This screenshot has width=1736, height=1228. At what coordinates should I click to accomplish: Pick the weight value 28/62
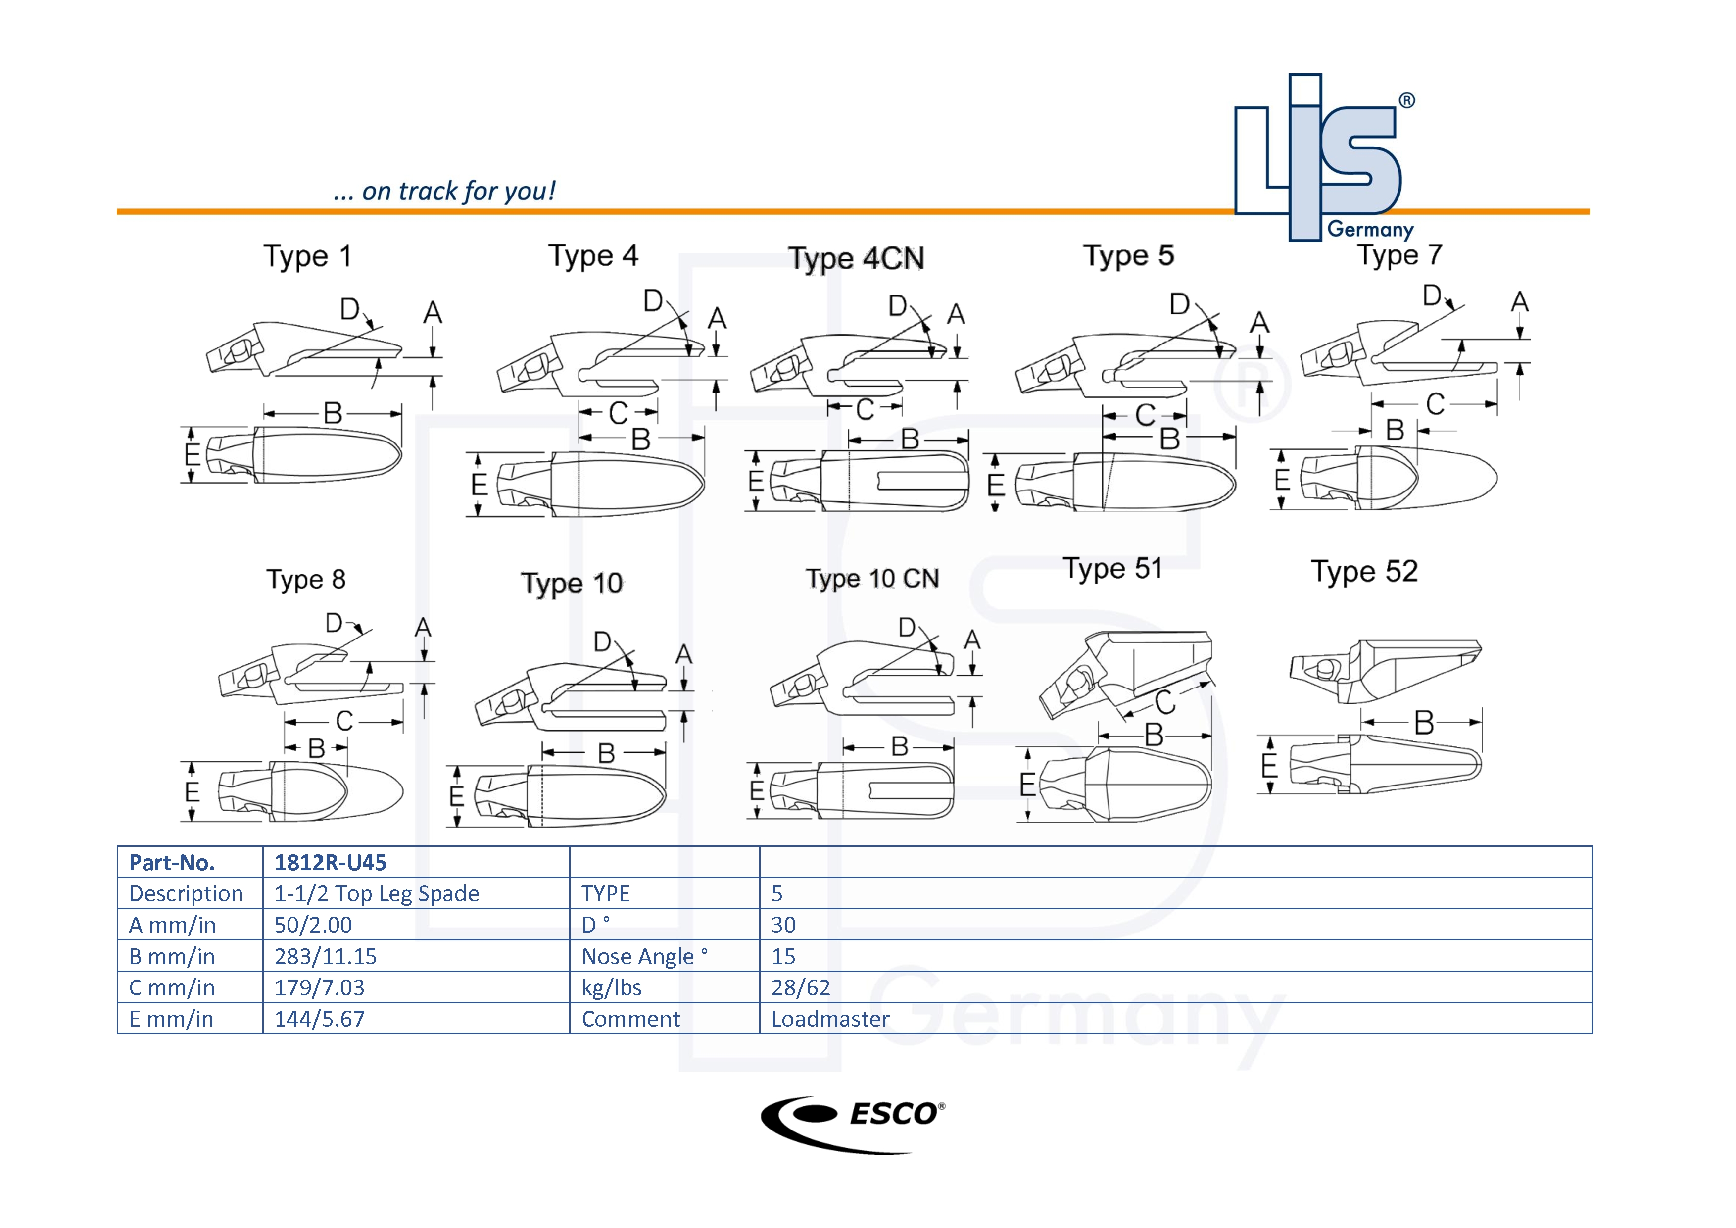[x=800, y=987]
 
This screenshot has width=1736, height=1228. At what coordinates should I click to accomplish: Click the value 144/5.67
[x=319, y=1019]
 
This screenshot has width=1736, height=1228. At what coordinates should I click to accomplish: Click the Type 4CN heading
[x=856, y=258]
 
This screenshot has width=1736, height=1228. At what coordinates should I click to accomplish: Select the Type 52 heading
[x=1364, y=572]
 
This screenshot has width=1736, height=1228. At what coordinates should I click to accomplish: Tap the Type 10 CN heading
[x=872, y=579]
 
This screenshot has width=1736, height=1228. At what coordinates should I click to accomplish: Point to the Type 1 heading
[x=307, y=256]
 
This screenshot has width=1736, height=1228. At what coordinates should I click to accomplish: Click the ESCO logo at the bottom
[x=853, y=1123]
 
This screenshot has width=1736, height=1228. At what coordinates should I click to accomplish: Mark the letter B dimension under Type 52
[x=1424, y=723]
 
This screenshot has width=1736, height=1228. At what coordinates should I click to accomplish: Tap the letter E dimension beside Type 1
[x=192, y=454]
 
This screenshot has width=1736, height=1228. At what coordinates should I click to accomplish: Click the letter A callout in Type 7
[x=1519, y=302]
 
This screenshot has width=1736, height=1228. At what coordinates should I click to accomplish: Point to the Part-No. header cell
[x=172, y=862]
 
